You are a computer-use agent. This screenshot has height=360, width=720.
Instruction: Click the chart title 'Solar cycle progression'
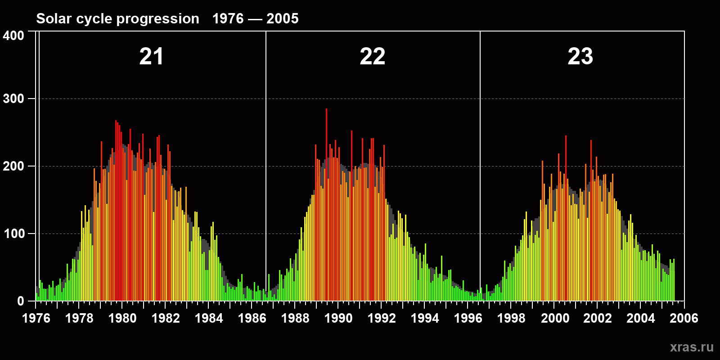click(x=117, y=18)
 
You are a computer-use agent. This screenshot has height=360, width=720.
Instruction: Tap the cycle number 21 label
click(x=151, y=57)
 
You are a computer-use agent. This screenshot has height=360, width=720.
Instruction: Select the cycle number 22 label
click(x=372, y=57)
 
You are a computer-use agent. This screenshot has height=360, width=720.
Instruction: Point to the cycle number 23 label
click(x=580, y=57)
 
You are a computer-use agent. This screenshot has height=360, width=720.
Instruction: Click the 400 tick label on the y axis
click(x=13, y=36)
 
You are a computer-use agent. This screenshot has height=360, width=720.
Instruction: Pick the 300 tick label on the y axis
click(x=13, y=99)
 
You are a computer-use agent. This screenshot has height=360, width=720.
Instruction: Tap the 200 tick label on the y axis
click(x=13, y=166)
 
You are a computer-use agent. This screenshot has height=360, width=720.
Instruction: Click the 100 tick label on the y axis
click(x=13, y=234)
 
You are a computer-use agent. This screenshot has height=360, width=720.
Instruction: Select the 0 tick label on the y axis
click(x=20, y=301)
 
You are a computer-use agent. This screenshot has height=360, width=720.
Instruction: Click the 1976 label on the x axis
click(x=36, y=318)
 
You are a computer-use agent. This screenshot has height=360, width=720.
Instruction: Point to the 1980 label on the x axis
click(x=122, y=318)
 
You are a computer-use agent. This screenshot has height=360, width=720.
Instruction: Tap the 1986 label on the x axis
click(x=252, y=318)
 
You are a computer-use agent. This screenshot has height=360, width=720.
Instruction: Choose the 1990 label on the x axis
click(x=338, y=318)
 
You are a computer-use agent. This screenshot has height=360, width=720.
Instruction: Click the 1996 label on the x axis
click(x=468, y=318)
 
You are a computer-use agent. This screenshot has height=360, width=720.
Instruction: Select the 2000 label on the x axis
click(x=555, y=318)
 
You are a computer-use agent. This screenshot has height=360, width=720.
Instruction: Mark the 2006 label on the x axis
click(x=684, y=318)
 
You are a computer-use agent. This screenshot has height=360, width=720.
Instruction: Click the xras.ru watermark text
click(x=692, y=347)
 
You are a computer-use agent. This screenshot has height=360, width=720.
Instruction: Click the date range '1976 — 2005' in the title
click(x=255, y=18)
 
